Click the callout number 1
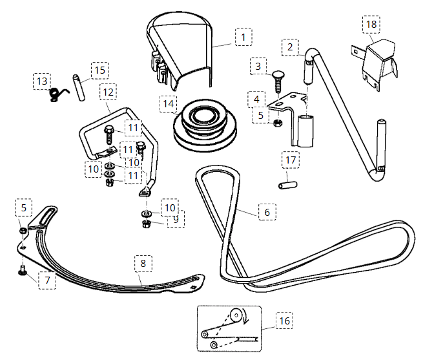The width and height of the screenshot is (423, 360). point(242,37)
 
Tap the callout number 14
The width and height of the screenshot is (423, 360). point(169,103)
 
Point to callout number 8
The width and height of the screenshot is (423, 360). point(143,264)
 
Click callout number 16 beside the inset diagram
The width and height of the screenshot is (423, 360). point(285,321)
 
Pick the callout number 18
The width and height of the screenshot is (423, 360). point(371,25)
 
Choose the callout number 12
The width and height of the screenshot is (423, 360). point(108,92)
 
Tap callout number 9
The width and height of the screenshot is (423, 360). point(174,220)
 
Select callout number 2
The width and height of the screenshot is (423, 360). point(290,47)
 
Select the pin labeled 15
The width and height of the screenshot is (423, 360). point(79,89)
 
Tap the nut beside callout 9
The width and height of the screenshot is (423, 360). point(145,224)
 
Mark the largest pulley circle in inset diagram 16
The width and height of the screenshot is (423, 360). point(238,316)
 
